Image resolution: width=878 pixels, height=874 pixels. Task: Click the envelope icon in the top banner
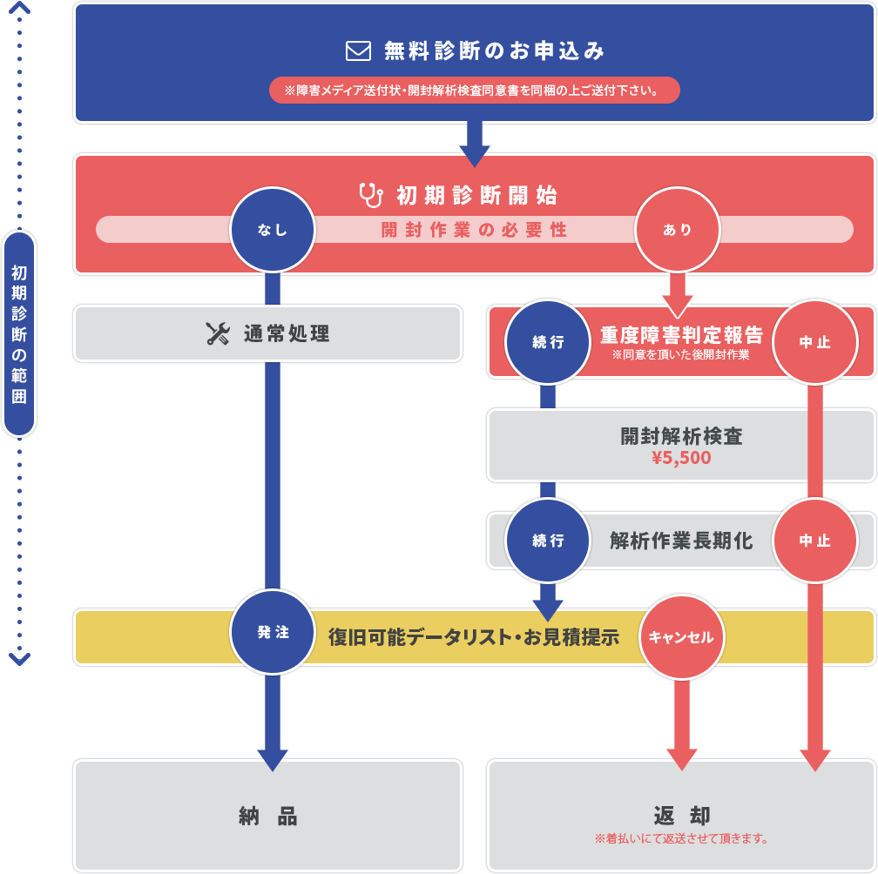pos(358,51)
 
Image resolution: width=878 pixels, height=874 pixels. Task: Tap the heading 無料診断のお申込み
pos(494,51)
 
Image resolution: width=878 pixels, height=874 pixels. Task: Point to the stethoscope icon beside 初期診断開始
pos(371,194)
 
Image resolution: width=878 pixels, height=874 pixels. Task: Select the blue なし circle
pos(273,230)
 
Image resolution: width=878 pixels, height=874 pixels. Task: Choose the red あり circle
pos(677,230)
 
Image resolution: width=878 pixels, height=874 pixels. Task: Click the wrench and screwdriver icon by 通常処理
pos(218,333)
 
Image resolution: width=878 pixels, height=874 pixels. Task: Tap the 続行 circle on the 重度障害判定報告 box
pos(548,342)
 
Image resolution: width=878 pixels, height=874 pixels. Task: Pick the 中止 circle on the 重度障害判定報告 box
pos(814,342)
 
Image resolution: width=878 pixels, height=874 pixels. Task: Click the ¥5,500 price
pos(681,457)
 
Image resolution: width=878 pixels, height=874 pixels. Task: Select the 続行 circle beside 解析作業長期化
pos(548,541)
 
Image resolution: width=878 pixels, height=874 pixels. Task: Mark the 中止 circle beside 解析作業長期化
pos(814,541)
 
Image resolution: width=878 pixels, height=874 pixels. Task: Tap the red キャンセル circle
pos(681,637)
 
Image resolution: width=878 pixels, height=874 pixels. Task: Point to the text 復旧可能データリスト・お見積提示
pos(473,637)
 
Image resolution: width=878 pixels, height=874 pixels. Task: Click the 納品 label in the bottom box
pos(268,816)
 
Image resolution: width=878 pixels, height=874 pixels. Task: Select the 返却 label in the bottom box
pos(681,816)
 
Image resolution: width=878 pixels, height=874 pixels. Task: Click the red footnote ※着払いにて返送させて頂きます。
pos(681,839)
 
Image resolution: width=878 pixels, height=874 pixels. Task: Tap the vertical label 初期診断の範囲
pos(19,334)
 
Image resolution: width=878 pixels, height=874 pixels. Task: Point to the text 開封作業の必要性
pos(475,230)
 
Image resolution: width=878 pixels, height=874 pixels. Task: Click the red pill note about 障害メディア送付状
pos(475,91)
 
